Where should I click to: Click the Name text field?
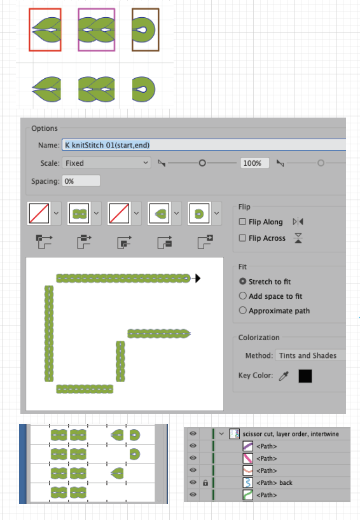[204, 145]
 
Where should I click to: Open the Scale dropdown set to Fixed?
[106, 163]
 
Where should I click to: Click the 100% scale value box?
[254, 163]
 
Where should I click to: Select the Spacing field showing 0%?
[81, 181]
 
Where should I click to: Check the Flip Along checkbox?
[242, 221]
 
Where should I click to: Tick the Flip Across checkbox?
[242, 238]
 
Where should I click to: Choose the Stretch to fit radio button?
[243, 281]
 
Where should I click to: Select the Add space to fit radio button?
[243, 296]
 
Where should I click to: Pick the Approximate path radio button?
[243, 310]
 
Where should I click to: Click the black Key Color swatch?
[305, 376]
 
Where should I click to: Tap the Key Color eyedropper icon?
[284, 376]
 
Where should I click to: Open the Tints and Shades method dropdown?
[310, 355]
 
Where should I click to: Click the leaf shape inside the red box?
[47, 30]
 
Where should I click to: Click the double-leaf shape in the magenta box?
[97, 30]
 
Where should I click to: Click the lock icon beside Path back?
[205, 483]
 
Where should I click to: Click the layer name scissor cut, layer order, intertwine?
[291, 434]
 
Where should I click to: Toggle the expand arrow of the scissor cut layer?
[221, 434]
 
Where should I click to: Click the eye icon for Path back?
[193, 482]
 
